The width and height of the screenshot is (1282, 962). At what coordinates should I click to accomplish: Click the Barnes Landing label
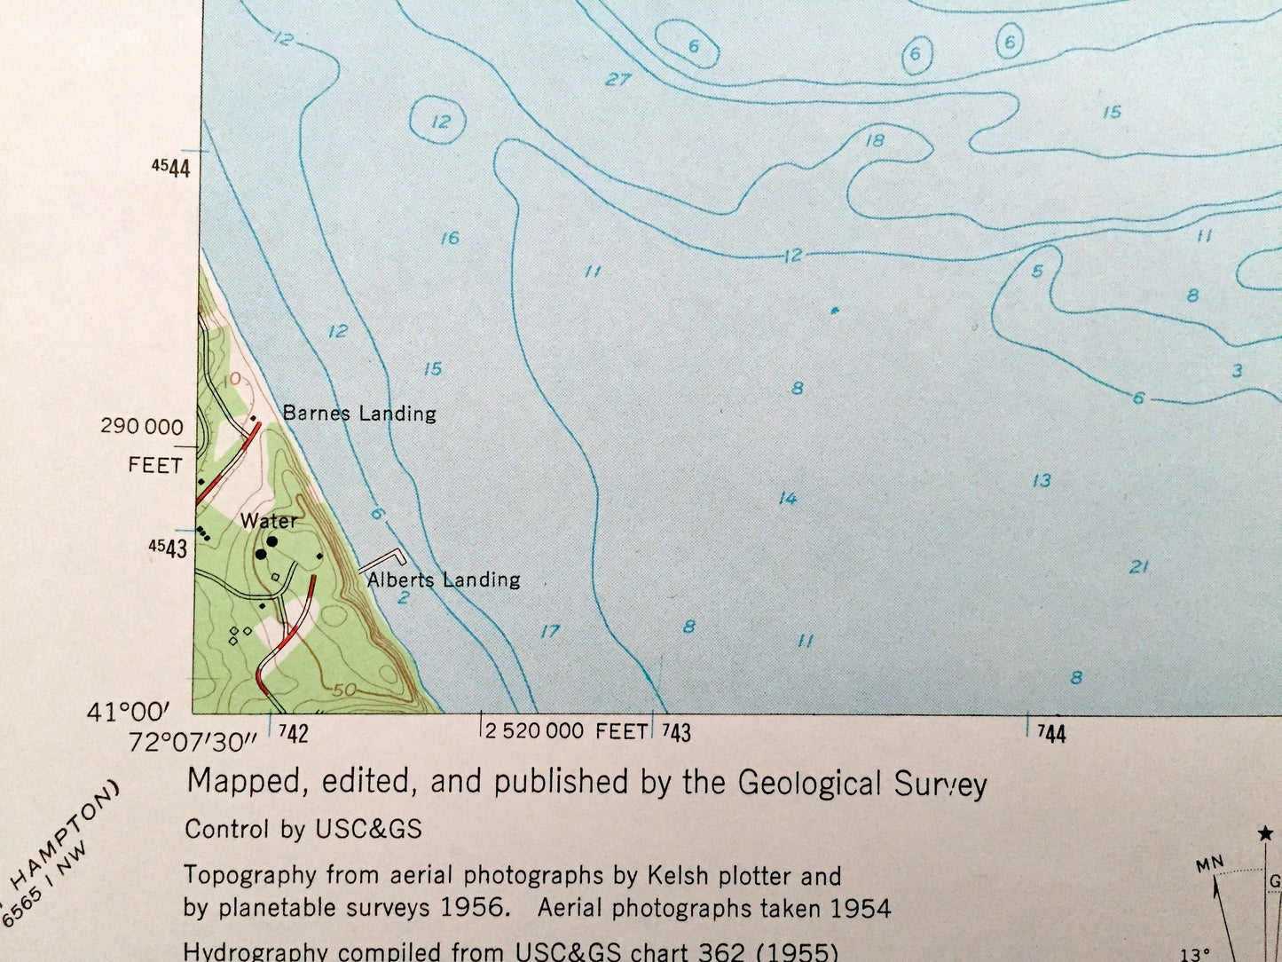click(x=359, y=413)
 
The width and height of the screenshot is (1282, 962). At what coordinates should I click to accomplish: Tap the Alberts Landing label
click(x=444, y=580)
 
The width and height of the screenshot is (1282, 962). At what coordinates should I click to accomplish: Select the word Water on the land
click(x=268, y=521)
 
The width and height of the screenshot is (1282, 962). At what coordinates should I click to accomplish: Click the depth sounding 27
click(x=618, y=80)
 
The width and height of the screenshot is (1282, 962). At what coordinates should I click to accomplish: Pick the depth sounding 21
click(x=1139, y=566)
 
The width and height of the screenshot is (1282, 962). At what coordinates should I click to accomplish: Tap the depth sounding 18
click(x=876, y=140)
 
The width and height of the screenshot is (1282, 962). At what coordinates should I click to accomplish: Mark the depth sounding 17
click(x=550, y=631)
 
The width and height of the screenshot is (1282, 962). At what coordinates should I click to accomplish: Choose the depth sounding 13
click(x=1042, y=480)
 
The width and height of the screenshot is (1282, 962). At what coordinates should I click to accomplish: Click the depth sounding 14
click(x=788, y=499)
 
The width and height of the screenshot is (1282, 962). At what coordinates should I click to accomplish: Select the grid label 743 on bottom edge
click(x=676, y=732)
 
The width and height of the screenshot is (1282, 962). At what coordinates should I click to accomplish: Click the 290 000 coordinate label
click(x=142, y=426)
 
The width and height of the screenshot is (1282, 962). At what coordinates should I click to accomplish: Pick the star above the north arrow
click(x=1265, y=833)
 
